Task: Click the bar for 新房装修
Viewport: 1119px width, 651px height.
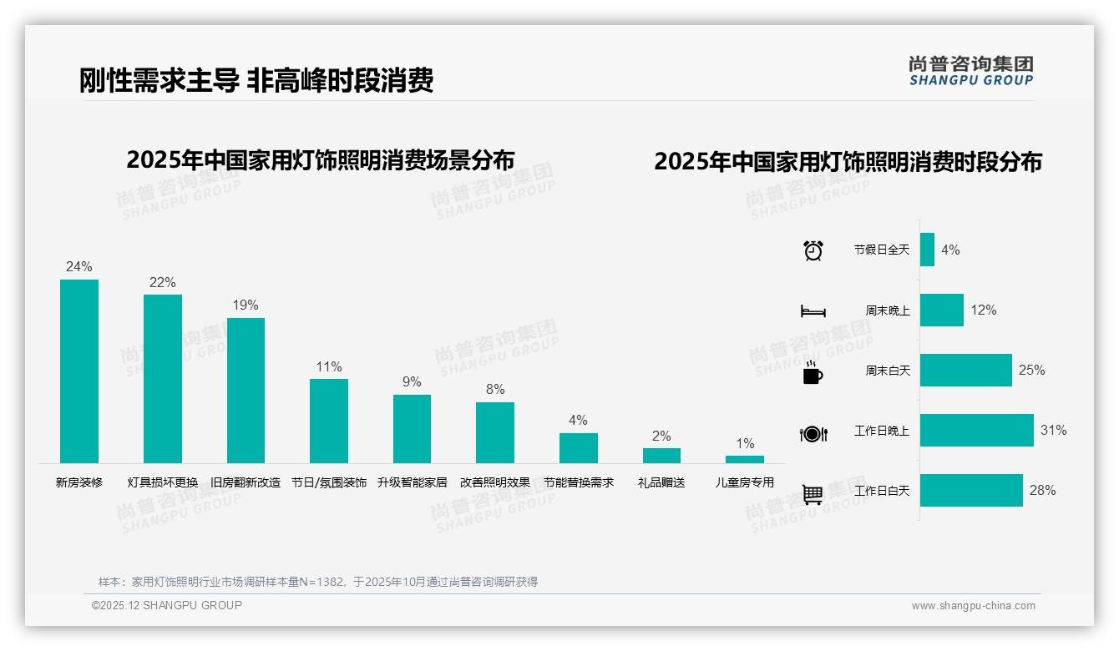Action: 79,371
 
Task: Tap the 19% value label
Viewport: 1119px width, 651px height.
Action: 246,305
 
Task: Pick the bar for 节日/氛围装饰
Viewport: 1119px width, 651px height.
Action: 329,421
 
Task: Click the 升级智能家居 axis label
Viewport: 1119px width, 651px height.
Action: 412,482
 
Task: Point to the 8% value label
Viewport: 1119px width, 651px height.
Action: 495,390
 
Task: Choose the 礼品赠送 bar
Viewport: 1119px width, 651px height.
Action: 661,456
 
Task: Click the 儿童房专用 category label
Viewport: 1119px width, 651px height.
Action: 745,482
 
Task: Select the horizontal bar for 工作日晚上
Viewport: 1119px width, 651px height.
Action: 976,431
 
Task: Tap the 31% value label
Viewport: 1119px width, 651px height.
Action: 1053,431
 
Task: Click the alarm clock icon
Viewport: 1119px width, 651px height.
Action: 813,250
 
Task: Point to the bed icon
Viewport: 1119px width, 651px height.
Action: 813,311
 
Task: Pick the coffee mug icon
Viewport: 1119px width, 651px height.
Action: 813,372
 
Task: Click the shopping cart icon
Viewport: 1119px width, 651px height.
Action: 813,495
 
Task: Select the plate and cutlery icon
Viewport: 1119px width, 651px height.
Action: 813,434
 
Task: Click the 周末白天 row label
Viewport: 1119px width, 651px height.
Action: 887,371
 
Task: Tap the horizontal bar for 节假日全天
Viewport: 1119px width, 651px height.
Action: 927,250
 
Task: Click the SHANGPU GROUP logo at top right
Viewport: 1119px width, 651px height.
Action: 971,70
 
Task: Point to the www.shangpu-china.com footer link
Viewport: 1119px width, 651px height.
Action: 973,606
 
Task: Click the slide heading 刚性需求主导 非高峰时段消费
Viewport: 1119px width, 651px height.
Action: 256,80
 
